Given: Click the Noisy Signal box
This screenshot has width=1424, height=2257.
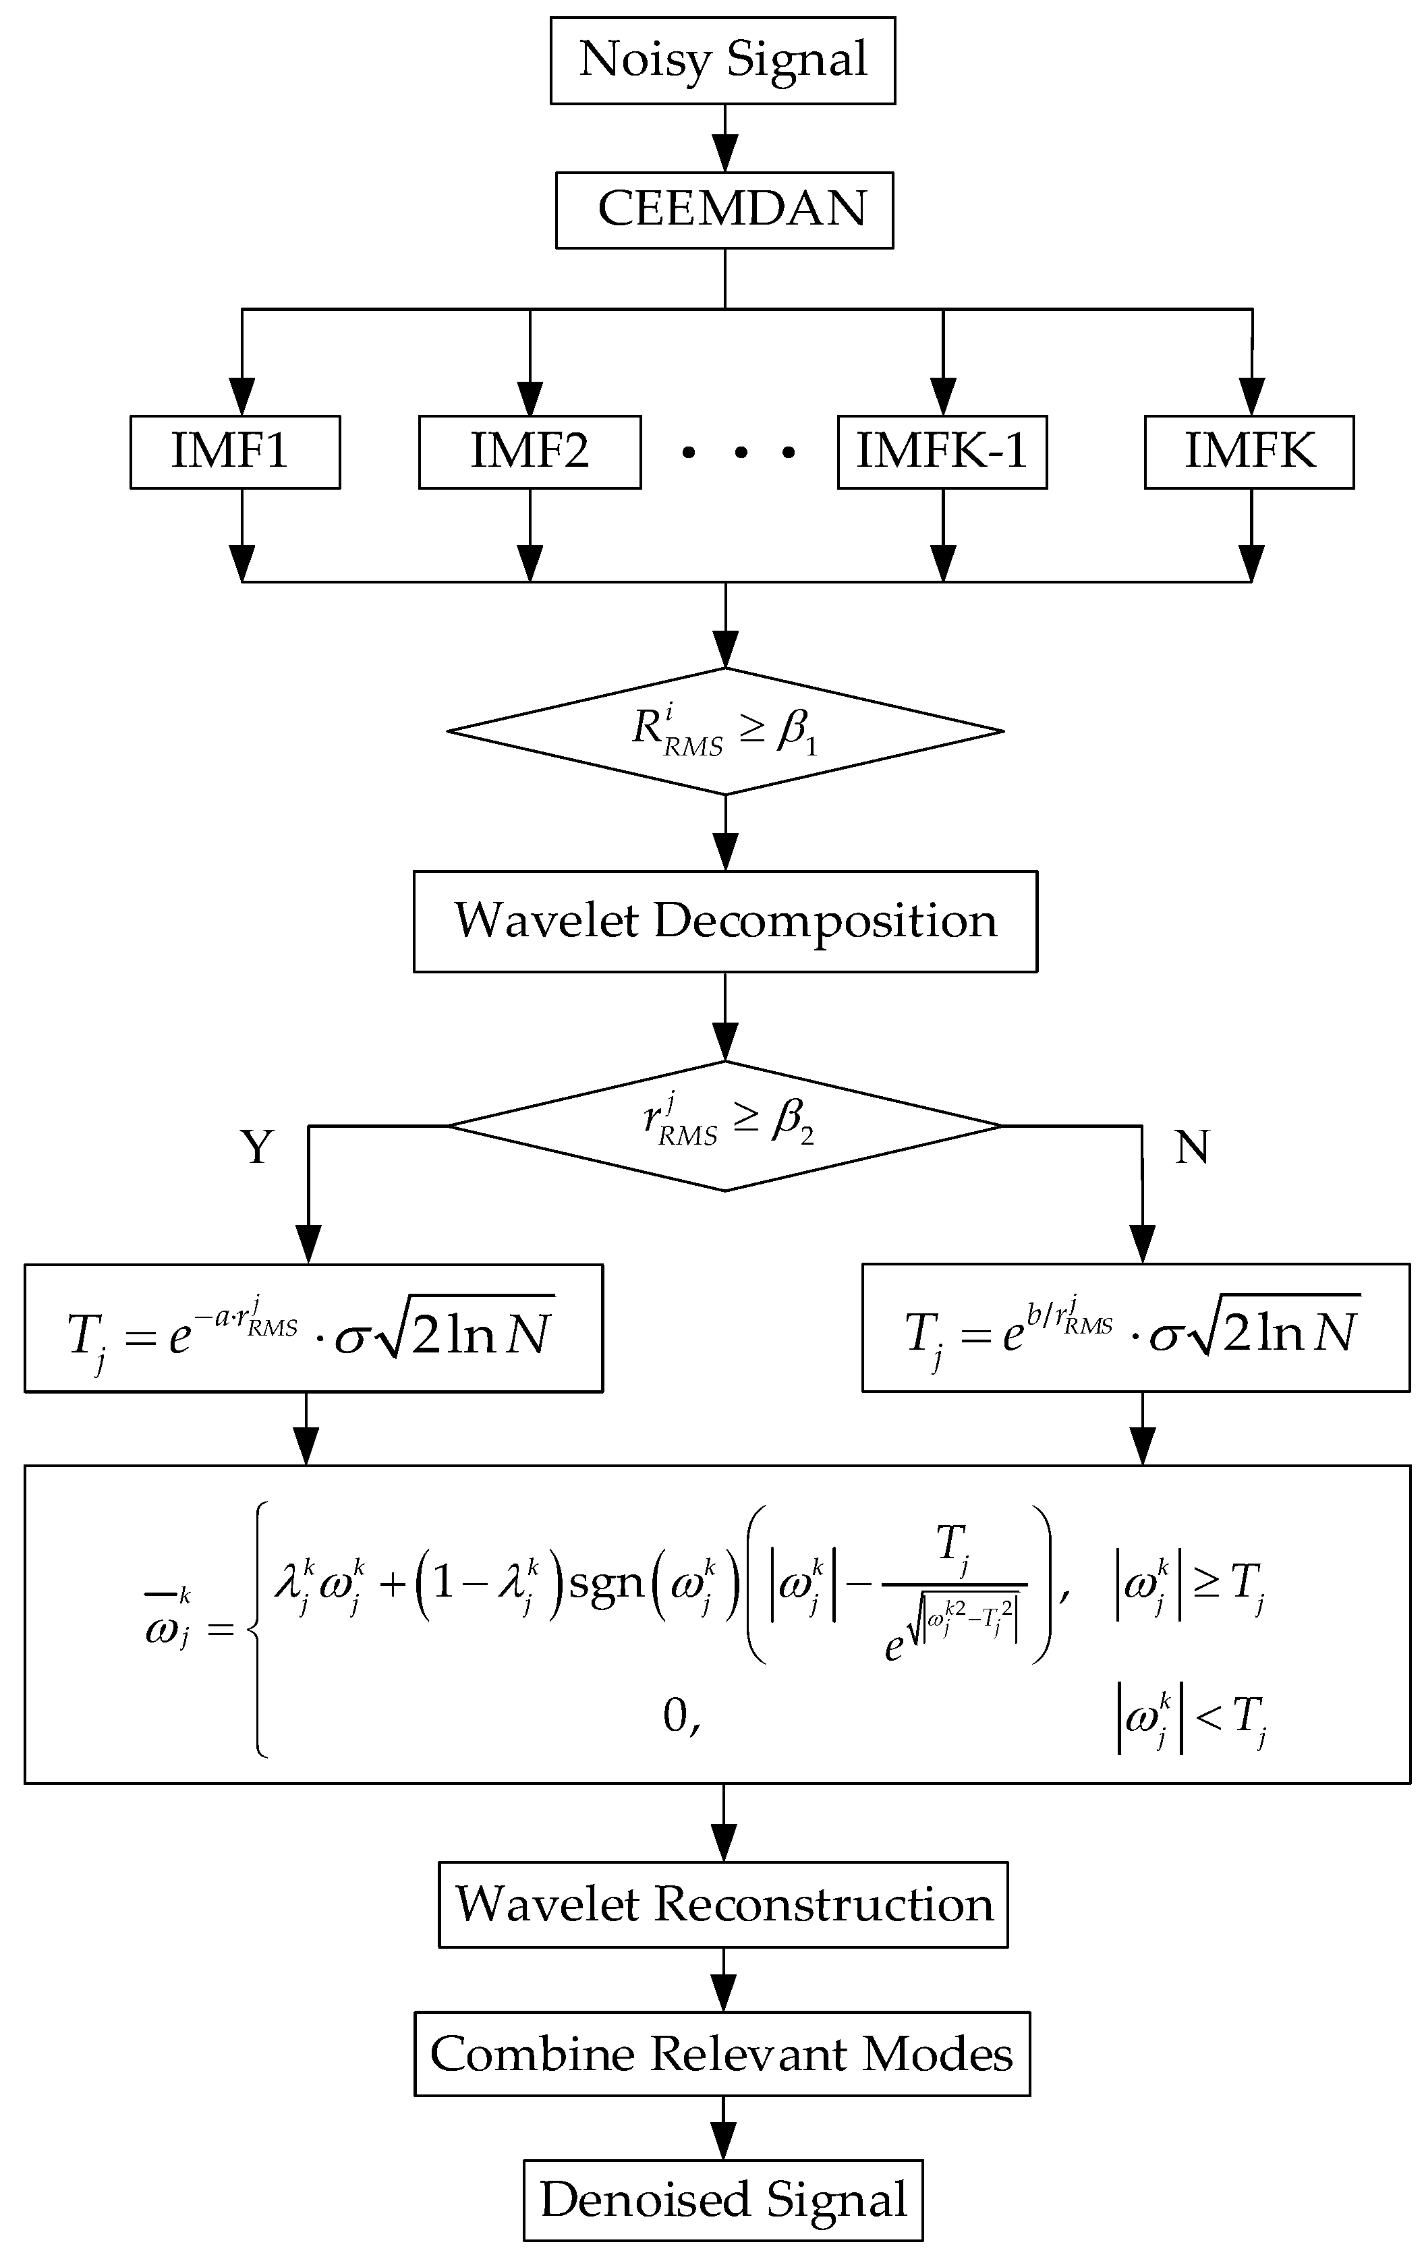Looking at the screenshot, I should [x=722, y=60].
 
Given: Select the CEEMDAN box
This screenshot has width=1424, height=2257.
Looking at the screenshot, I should [x=724, y=210].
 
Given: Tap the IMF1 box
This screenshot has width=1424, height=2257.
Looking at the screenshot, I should [x=234, y=452].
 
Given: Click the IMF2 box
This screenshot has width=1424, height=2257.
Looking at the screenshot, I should [x=530, y=452].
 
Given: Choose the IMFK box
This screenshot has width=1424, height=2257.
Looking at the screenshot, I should [x=1249, y=452].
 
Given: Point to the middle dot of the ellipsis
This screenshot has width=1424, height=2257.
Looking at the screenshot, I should [x=741, y=454].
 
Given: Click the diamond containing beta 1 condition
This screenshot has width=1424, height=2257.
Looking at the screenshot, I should [x=724, y=731].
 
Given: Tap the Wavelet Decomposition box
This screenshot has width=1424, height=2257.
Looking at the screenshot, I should [x=724, y=921].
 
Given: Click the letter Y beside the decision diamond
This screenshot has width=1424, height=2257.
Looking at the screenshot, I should [x=258, y=1145].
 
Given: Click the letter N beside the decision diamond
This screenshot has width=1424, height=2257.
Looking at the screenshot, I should [x=1191, y=1145].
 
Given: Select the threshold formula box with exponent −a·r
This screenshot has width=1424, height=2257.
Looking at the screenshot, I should [x=313, y=1327].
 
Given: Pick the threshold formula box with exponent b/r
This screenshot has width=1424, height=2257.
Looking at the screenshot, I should [x=1135, y=1327].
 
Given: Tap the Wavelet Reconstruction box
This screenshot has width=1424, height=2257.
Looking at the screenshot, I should [x=722, y=1905].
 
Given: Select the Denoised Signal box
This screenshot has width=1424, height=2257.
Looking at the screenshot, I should [x=722, y=2199].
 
